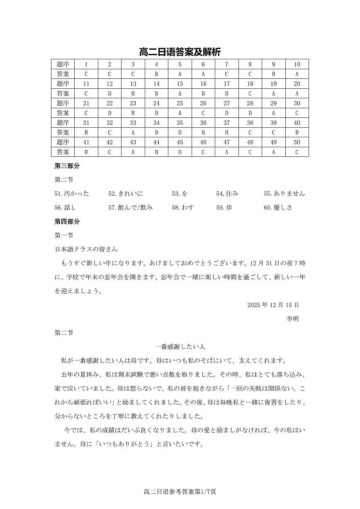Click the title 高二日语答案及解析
tap(180, 52)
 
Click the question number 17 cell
tap(226, 84)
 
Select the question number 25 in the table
tap(180, 103)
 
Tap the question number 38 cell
tap(250, 123)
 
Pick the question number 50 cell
tap(297, 142)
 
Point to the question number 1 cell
tap(86, 64)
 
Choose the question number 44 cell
tap(156, 142)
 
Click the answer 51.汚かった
tap(72, 194)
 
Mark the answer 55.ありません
tap(284, 194)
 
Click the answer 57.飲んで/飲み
tap(130, 208)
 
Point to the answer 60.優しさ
tap(278, 208)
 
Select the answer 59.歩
tap(224, 208)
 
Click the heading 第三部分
tap(67, 166)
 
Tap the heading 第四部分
tap(67, 222)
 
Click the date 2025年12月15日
tap(273, 305)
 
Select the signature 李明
tap(292, 319)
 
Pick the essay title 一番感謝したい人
tap(180, 347)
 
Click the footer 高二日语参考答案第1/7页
tap(180, 492)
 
